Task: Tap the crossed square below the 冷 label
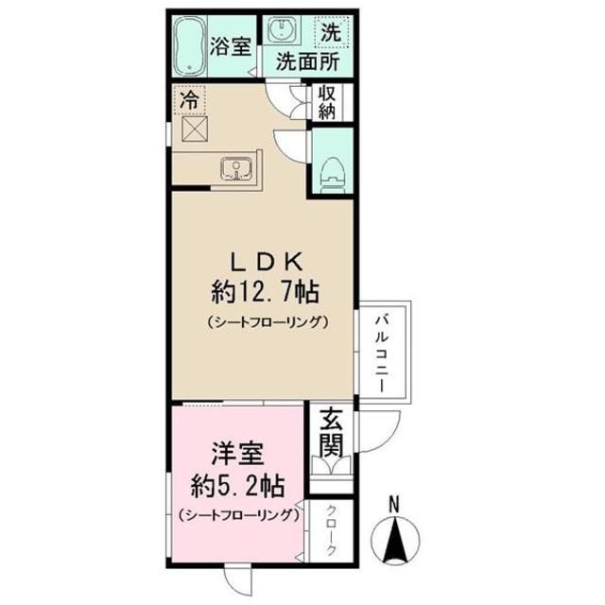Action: pyautogui.click(x=195, y=127)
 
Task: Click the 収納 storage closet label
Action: pyautogui.click(x=327, y=102)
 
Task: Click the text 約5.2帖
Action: pyautogui.click(x=233, y=486)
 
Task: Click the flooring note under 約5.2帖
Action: pyautogui.click(x=237, y=516)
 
